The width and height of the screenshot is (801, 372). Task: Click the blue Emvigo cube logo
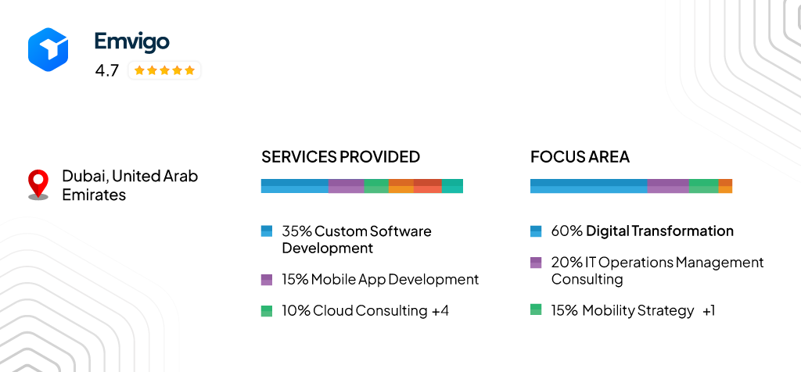pos(48,48)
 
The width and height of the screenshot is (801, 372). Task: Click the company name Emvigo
pos(131,41)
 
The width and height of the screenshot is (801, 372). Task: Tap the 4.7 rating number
pos(106,70)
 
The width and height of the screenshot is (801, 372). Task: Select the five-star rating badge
pos(164,70)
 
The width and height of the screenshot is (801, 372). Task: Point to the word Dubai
pos(83,176)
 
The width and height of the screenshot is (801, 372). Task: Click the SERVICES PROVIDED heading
pos(340,156)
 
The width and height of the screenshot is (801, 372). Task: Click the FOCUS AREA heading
pos(580,156)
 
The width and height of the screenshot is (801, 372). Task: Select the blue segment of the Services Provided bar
pos(294,186)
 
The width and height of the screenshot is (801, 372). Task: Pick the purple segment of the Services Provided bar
pos(346,186)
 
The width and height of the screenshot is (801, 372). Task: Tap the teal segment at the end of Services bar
pos(452,186)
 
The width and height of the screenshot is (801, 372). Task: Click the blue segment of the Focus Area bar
pos(588,186)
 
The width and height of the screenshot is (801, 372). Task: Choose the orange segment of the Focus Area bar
pos(725,186)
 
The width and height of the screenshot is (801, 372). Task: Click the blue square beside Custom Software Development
pos(267,231)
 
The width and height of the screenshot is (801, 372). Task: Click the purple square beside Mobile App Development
pos(267,279)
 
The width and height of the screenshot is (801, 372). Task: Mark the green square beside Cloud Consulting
pos(267,310)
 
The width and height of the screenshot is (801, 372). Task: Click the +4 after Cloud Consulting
pos(440,310)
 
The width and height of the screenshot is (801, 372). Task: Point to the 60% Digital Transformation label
pos(641,231)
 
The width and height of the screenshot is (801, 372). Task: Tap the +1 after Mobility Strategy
pos(708,310)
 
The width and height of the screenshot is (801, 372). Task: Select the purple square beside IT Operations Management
pos(536,263)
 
